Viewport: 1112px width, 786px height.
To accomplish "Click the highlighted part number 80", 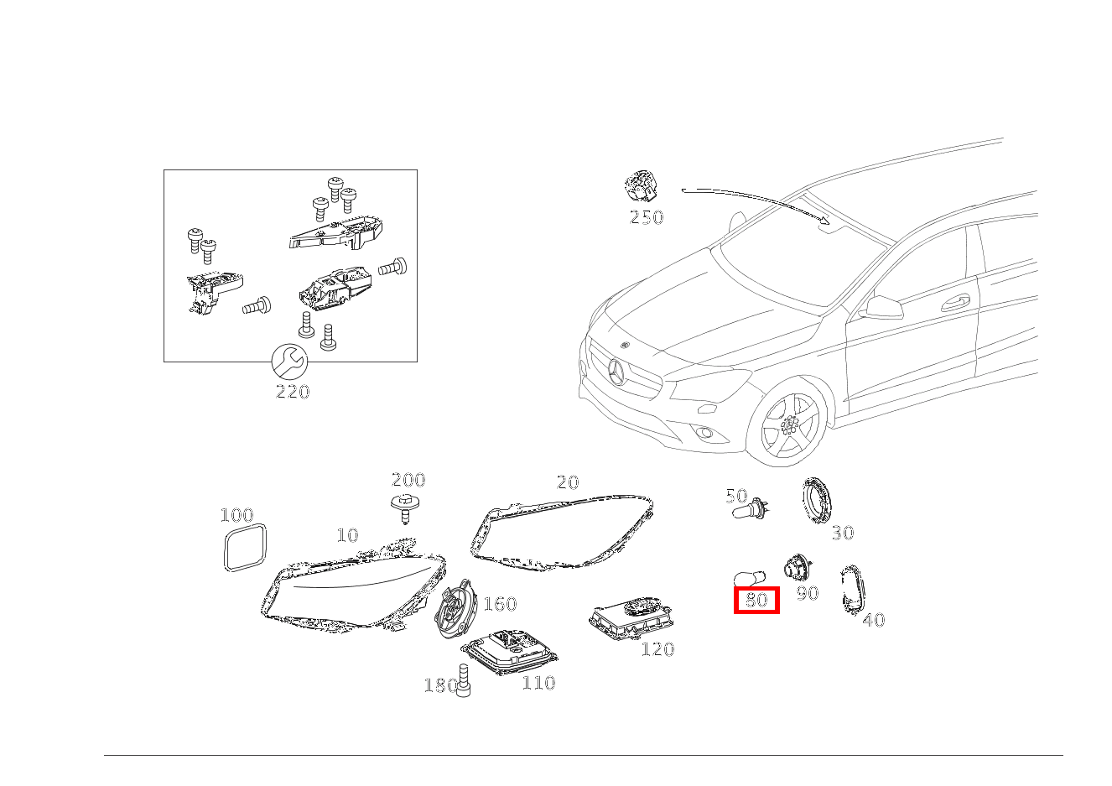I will tap(756, 600).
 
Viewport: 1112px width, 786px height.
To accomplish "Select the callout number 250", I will tap(647, 217).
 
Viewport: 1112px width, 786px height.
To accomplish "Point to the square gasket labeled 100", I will tap(245, 548).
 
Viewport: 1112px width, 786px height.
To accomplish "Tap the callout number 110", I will tap(538, 683).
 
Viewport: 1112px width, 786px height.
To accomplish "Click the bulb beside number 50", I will tap(750, 508).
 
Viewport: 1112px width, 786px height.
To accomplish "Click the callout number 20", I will tap(568, 482).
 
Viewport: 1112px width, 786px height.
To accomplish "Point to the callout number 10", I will tap(347, 535).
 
